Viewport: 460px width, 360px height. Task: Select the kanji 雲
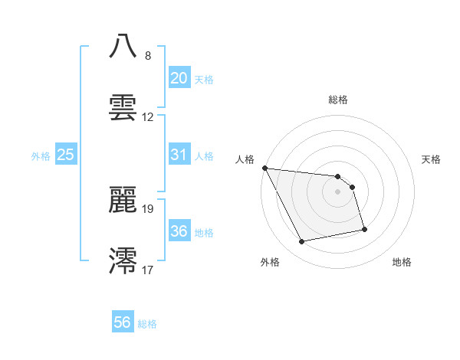pyautogui.click(x=123, y=107)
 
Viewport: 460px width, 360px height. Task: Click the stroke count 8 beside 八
pyautogui.click(x=147, y=56)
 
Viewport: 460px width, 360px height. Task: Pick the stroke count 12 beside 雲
pyautogui.click(x=148, y=117)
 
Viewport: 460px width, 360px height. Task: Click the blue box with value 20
pyautogui.click(x=179, y=77)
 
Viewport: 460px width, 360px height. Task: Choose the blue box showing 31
pyautogui.click(x=179, y=154)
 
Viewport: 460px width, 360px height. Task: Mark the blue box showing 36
pyautogui.click(x=179, y=231)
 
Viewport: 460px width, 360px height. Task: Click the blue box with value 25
pyautogui.click(x=66, y=154)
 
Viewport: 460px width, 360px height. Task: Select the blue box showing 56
pyautogui.click(x=122, y=322)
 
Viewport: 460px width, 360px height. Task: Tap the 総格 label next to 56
pyautogui.click(x=147, y=324)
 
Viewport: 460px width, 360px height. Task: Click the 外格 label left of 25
pyautogui.click(x=41, y=155)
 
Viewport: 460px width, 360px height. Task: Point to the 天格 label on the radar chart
pyautogui.click(x=432, y=159)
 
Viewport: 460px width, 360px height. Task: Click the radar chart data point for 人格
pyautogui.click(x=264, y=168)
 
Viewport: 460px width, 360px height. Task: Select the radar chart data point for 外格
pyautogui.click(x=302, y=242)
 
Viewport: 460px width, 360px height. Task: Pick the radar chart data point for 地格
pyautogui.click(x=364, y=229)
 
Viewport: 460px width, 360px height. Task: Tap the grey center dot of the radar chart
pyautogui.click(x=337, y=191)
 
